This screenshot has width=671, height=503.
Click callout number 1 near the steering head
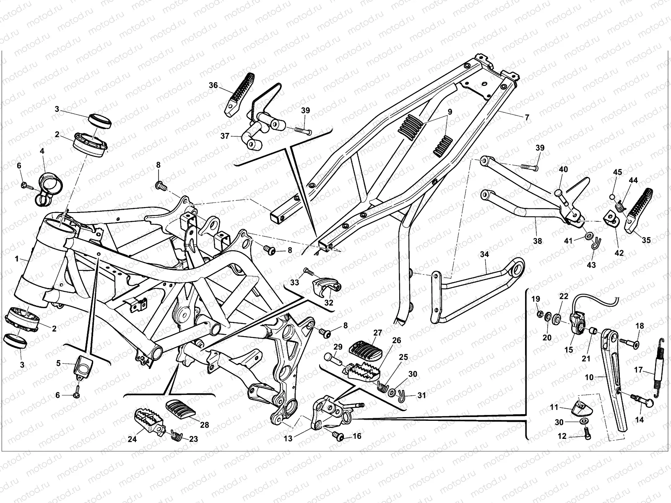[x=17, y=259]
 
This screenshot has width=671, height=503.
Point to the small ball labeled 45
[x=614, y=197]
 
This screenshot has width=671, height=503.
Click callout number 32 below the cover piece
[x=329, y=303]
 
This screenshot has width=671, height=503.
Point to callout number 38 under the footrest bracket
[x=537, y=241]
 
